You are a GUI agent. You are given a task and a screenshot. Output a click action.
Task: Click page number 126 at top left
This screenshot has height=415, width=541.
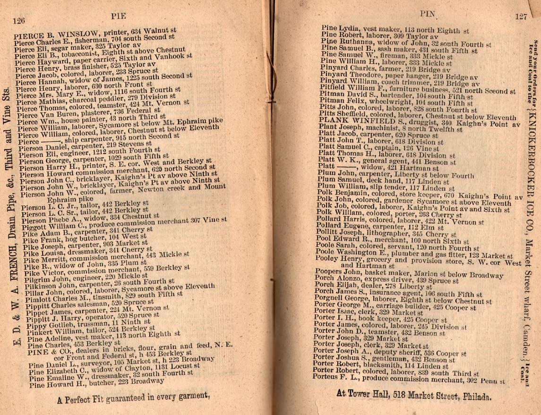(x=19, y=19)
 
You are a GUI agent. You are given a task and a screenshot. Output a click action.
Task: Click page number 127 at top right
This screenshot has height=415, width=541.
(x=521, y=16)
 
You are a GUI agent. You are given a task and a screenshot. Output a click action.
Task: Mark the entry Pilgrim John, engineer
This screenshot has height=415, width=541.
(x=80, y=279)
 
